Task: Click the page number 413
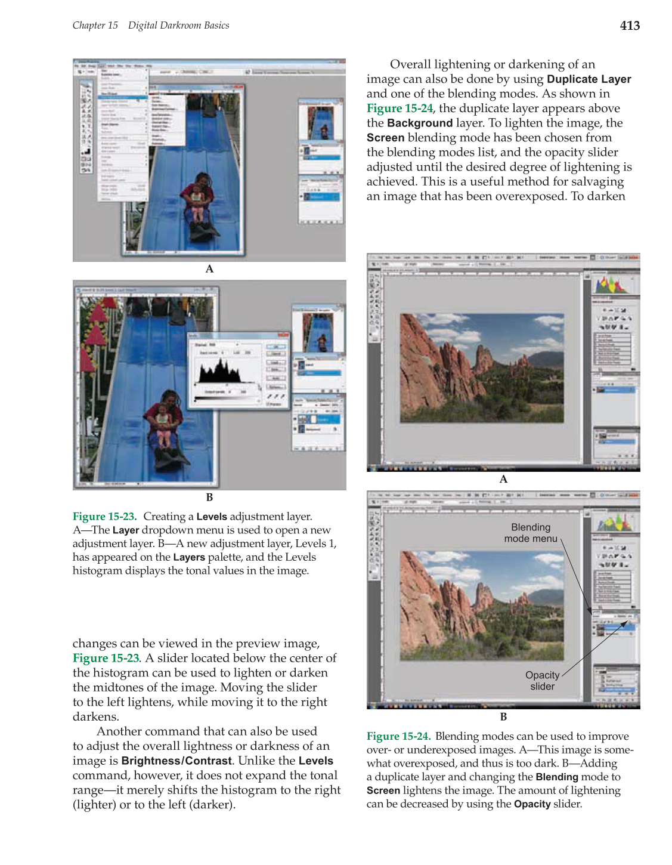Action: [x=630, y=26]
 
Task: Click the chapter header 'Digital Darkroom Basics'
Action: [x=178, y=26]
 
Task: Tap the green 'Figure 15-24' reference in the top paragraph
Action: [x=400, y=109]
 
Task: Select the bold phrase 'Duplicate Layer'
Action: [x=589, y=79]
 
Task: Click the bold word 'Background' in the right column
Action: [x=420, y=123]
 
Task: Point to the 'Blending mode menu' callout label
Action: [x=531, y=533]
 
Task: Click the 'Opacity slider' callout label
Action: [x=542, y=681]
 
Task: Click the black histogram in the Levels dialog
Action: [x=220, y=372]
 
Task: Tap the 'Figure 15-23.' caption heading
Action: [x=104, y=517]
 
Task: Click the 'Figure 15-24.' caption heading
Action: [x=398, y=737]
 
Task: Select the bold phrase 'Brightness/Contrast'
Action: [x=176, y=761]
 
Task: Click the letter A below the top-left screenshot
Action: [x=209, y=269]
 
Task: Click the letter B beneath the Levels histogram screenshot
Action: [x=209, y=498]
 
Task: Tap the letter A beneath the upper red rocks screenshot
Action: [x=503, y=479]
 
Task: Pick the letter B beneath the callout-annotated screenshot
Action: [x=503, y=717]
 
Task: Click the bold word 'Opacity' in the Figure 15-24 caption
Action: [x=532, y=804]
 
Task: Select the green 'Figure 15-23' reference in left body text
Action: [x=106, y=659]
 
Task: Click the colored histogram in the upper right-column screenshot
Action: [x=613, y=285]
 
